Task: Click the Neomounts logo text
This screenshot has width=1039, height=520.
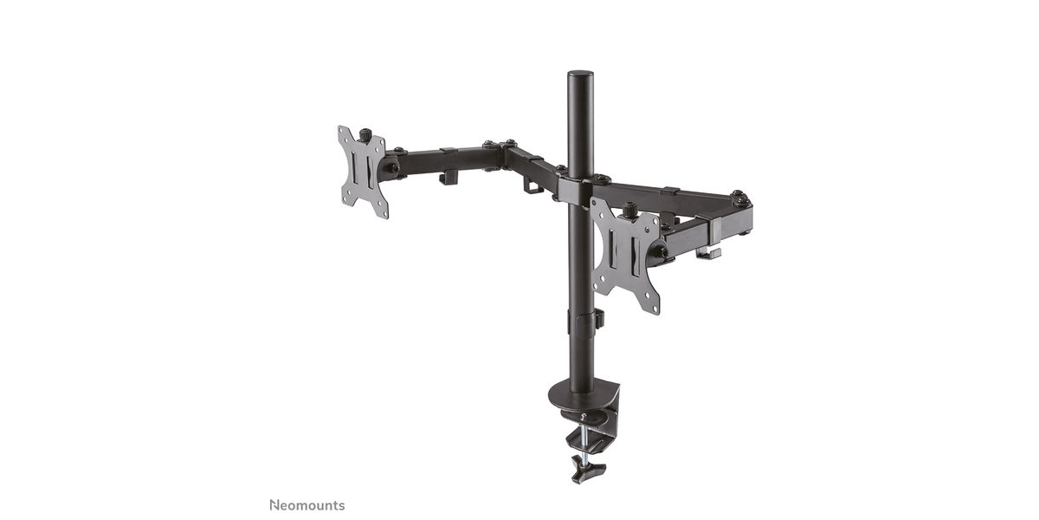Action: pos(307,505)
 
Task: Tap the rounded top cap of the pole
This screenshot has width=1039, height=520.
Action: pos(580,75)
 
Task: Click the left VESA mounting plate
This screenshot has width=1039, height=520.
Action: pos(363,172)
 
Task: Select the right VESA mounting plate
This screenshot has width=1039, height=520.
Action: pos(626,255)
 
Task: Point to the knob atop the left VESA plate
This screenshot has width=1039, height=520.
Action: pos(365,134)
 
